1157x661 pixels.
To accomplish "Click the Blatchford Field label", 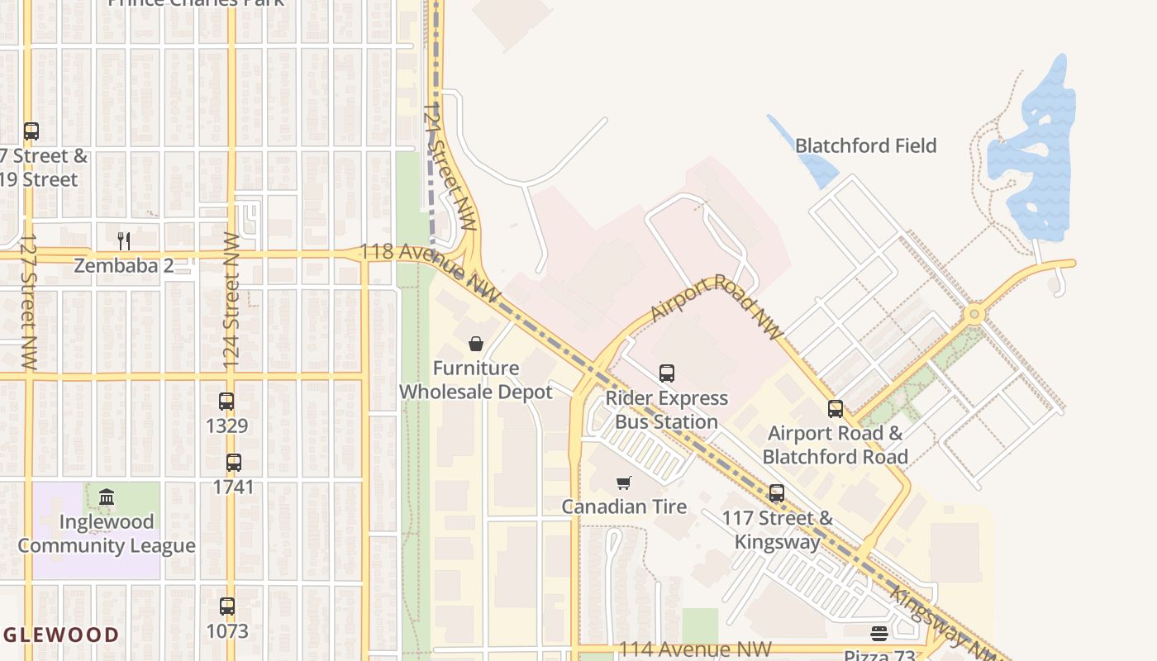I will click(x=865, y=146).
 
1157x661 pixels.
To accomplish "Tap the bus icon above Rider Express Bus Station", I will click(x=667, y=373).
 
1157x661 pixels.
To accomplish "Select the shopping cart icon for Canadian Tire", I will click(x=624, y=483).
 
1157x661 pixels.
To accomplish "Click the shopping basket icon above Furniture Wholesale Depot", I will click(x=476, y=344).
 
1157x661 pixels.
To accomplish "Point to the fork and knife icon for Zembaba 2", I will click(x=124, y=240).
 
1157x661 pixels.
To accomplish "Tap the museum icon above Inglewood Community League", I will click(x=107, y=497).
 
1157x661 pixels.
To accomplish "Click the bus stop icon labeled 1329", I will click(x=226, y=402).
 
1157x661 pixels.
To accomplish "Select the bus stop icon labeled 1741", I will click(x=234, y=463).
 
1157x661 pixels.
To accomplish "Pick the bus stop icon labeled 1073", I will click(x=227, y=606).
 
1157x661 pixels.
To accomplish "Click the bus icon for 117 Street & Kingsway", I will click(x=777, y=493).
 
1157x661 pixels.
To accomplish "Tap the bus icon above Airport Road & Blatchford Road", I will click(x=836, y=409).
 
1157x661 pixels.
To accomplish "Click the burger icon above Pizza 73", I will click(x=878, y=634).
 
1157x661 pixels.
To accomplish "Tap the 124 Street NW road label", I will click(x=231, y=301).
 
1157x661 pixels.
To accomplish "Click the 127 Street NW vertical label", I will click(x=29, y=301).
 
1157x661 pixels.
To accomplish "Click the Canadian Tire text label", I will click(x=624, y=506).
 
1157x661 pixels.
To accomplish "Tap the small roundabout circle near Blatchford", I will click(x=975, y=314).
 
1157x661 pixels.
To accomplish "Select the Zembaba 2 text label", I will click(x=124, y=265).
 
